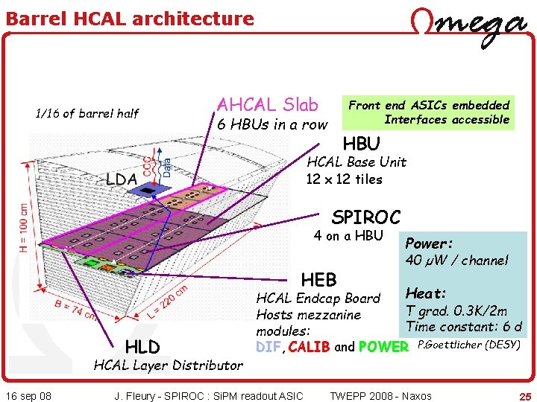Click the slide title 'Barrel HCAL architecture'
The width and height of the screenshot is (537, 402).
coord(130,19)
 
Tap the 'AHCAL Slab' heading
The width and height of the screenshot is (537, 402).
coord(267,105)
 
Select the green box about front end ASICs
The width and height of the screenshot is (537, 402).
coord(430,112)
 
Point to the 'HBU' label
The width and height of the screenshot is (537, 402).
coord(361,143)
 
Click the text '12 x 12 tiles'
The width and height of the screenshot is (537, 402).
coord(344,179)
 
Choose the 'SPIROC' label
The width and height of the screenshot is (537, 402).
coord(365,217)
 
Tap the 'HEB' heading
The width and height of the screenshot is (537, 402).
coord(318,279)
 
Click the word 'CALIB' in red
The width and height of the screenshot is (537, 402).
coord(309,347)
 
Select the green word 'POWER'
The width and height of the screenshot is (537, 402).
coord(383,347)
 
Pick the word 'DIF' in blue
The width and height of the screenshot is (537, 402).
coord(268,347)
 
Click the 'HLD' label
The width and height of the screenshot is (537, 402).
coord(142,346)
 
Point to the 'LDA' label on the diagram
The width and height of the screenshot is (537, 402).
coord(121,179)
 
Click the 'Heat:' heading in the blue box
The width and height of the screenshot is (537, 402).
coord(426,294)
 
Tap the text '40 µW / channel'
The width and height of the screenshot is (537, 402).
coord(456,260)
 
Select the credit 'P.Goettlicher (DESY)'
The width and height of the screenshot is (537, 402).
coord(468,344)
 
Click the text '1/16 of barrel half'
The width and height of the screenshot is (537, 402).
coord(87,113)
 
